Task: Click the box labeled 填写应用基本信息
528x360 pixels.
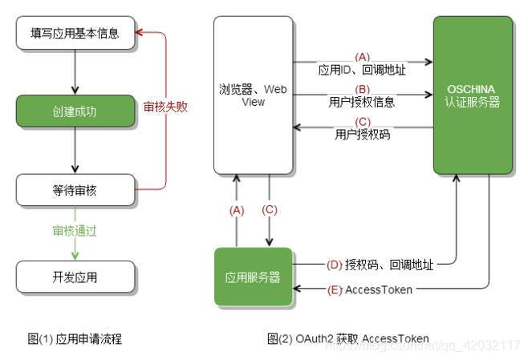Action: click(75, 34)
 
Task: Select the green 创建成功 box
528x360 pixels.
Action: click(75, 108)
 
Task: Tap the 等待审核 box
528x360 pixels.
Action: click(75, 191)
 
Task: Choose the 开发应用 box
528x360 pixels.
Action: click(75, 277)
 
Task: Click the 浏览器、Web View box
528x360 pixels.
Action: click(253, 95)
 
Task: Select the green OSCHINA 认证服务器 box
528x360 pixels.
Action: click(473, 95)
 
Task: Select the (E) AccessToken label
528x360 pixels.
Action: click(371, 289)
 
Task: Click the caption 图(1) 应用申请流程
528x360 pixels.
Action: click(75, 338)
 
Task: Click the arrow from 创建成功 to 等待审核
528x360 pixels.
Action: click(75, 149)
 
